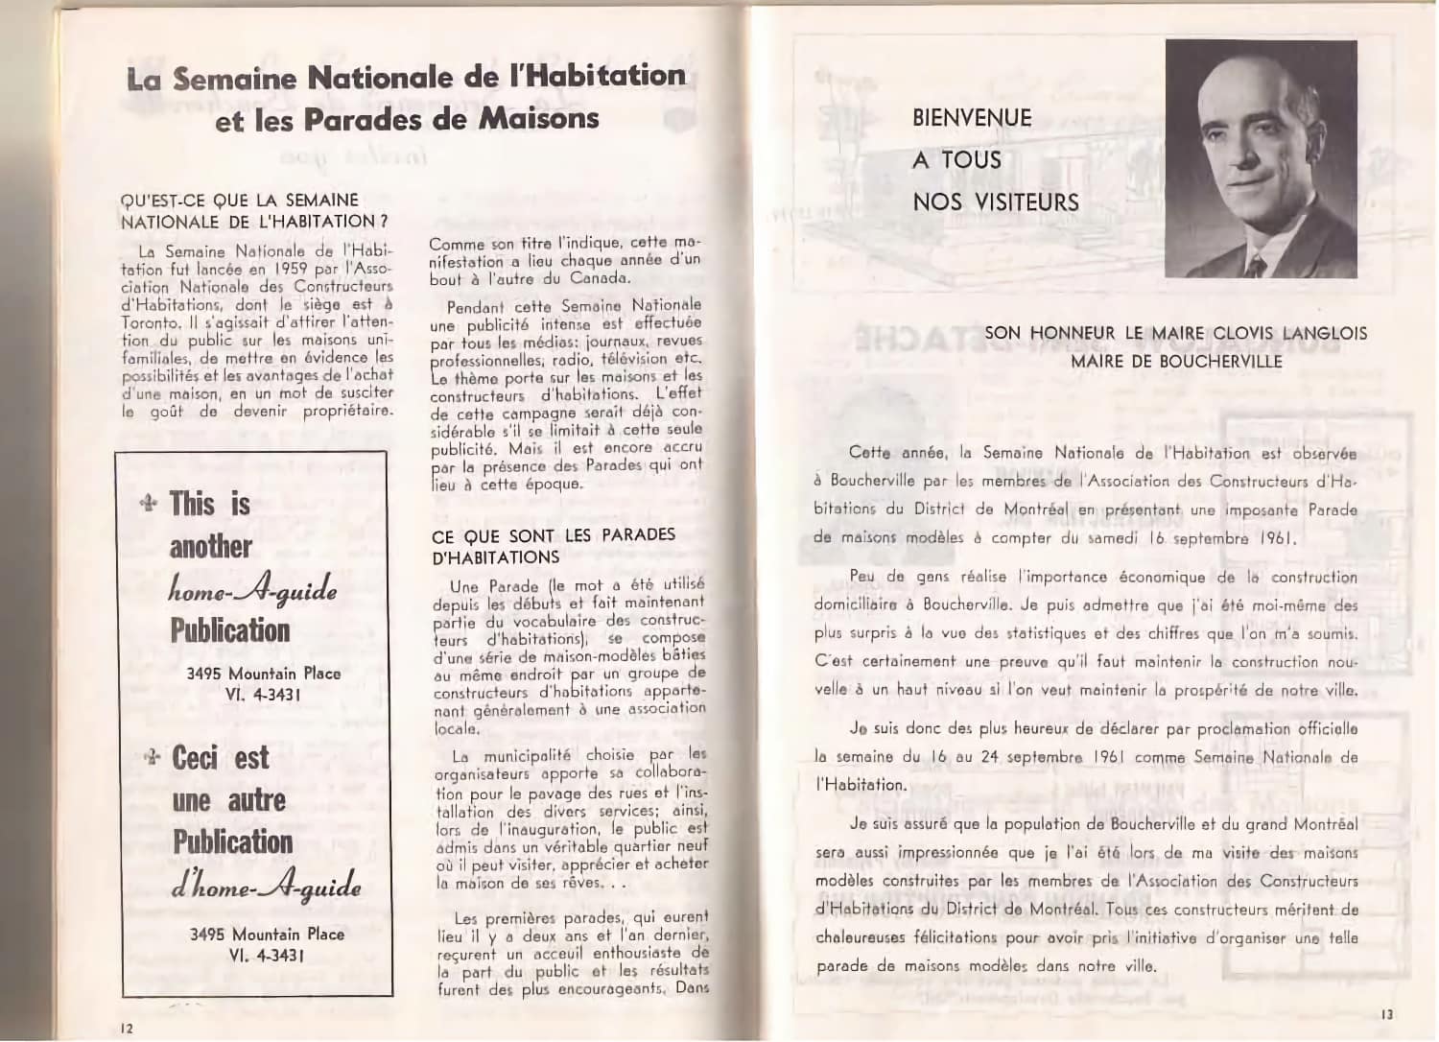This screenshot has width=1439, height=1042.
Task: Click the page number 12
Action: (127, 1028)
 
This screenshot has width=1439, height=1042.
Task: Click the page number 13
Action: (1388, 1014)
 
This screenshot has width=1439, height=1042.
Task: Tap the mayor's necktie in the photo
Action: (1260, 260)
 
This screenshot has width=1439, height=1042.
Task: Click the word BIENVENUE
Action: (972, 118)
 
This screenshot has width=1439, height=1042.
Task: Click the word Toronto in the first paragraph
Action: (152, 322)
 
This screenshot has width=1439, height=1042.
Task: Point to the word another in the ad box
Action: (210, 547)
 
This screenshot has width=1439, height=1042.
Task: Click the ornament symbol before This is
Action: (149, 505)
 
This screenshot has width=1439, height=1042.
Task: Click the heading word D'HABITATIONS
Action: (495, 557)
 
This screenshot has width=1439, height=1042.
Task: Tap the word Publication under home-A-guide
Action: (230, 630)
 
